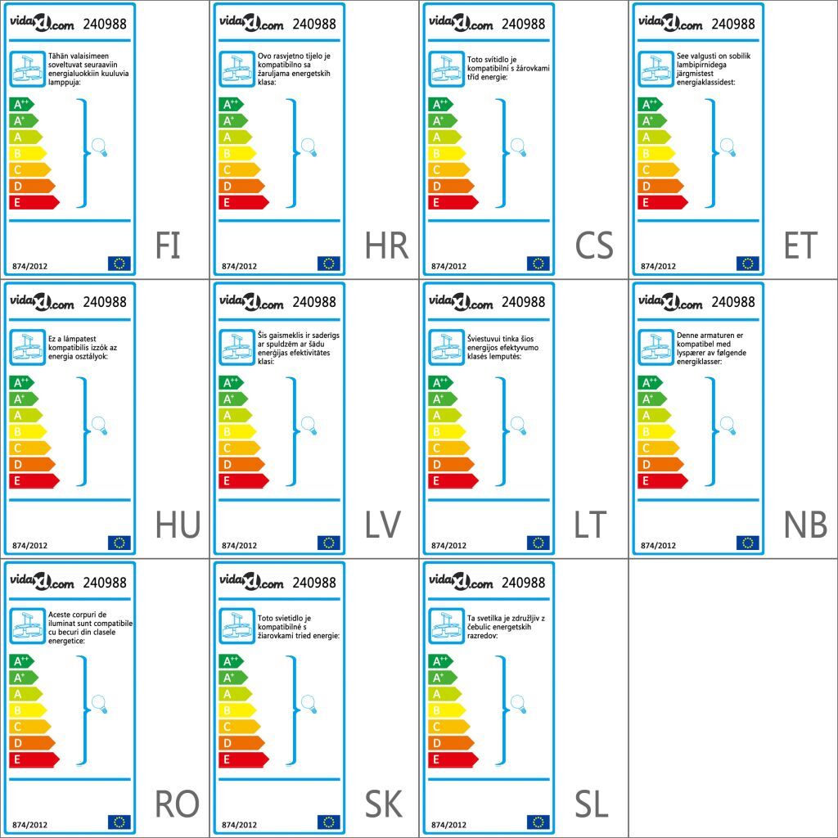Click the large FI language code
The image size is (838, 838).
pos(168,246)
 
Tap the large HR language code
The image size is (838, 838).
pos(386,246)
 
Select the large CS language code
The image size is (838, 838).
pos(594,246)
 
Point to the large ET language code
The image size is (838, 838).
pos(800,246)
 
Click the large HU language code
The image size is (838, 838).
pos(177,525)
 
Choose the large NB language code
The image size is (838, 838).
pos(804,525)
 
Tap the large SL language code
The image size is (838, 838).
pos(592,805)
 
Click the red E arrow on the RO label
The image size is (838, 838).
pos(34,759)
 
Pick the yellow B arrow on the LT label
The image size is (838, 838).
pos(446,431)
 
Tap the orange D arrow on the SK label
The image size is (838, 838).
pos(241,743)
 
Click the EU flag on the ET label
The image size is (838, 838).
pos(747,264)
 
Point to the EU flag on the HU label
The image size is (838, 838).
pos(119,543)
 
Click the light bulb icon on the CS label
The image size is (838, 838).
pos(518,147)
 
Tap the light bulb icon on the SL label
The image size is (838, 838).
pos(518,704)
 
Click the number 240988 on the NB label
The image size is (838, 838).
pos(733,302)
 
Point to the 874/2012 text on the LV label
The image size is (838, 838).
pos(239,545)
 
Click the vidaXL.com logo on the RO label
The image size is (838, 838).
pos(42,583)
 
